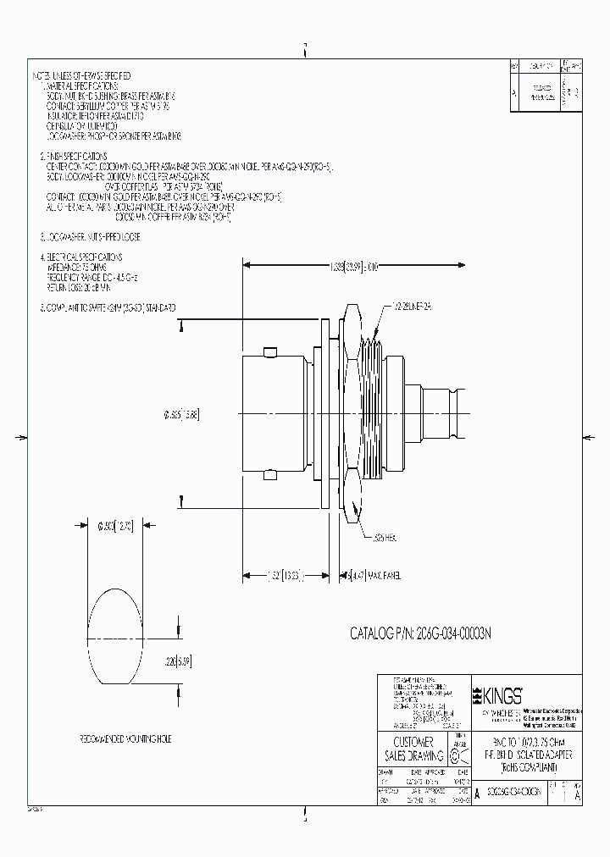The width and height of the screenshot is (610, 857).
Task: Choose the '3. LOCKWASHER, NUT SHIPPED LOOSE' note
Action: [90, 237]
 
